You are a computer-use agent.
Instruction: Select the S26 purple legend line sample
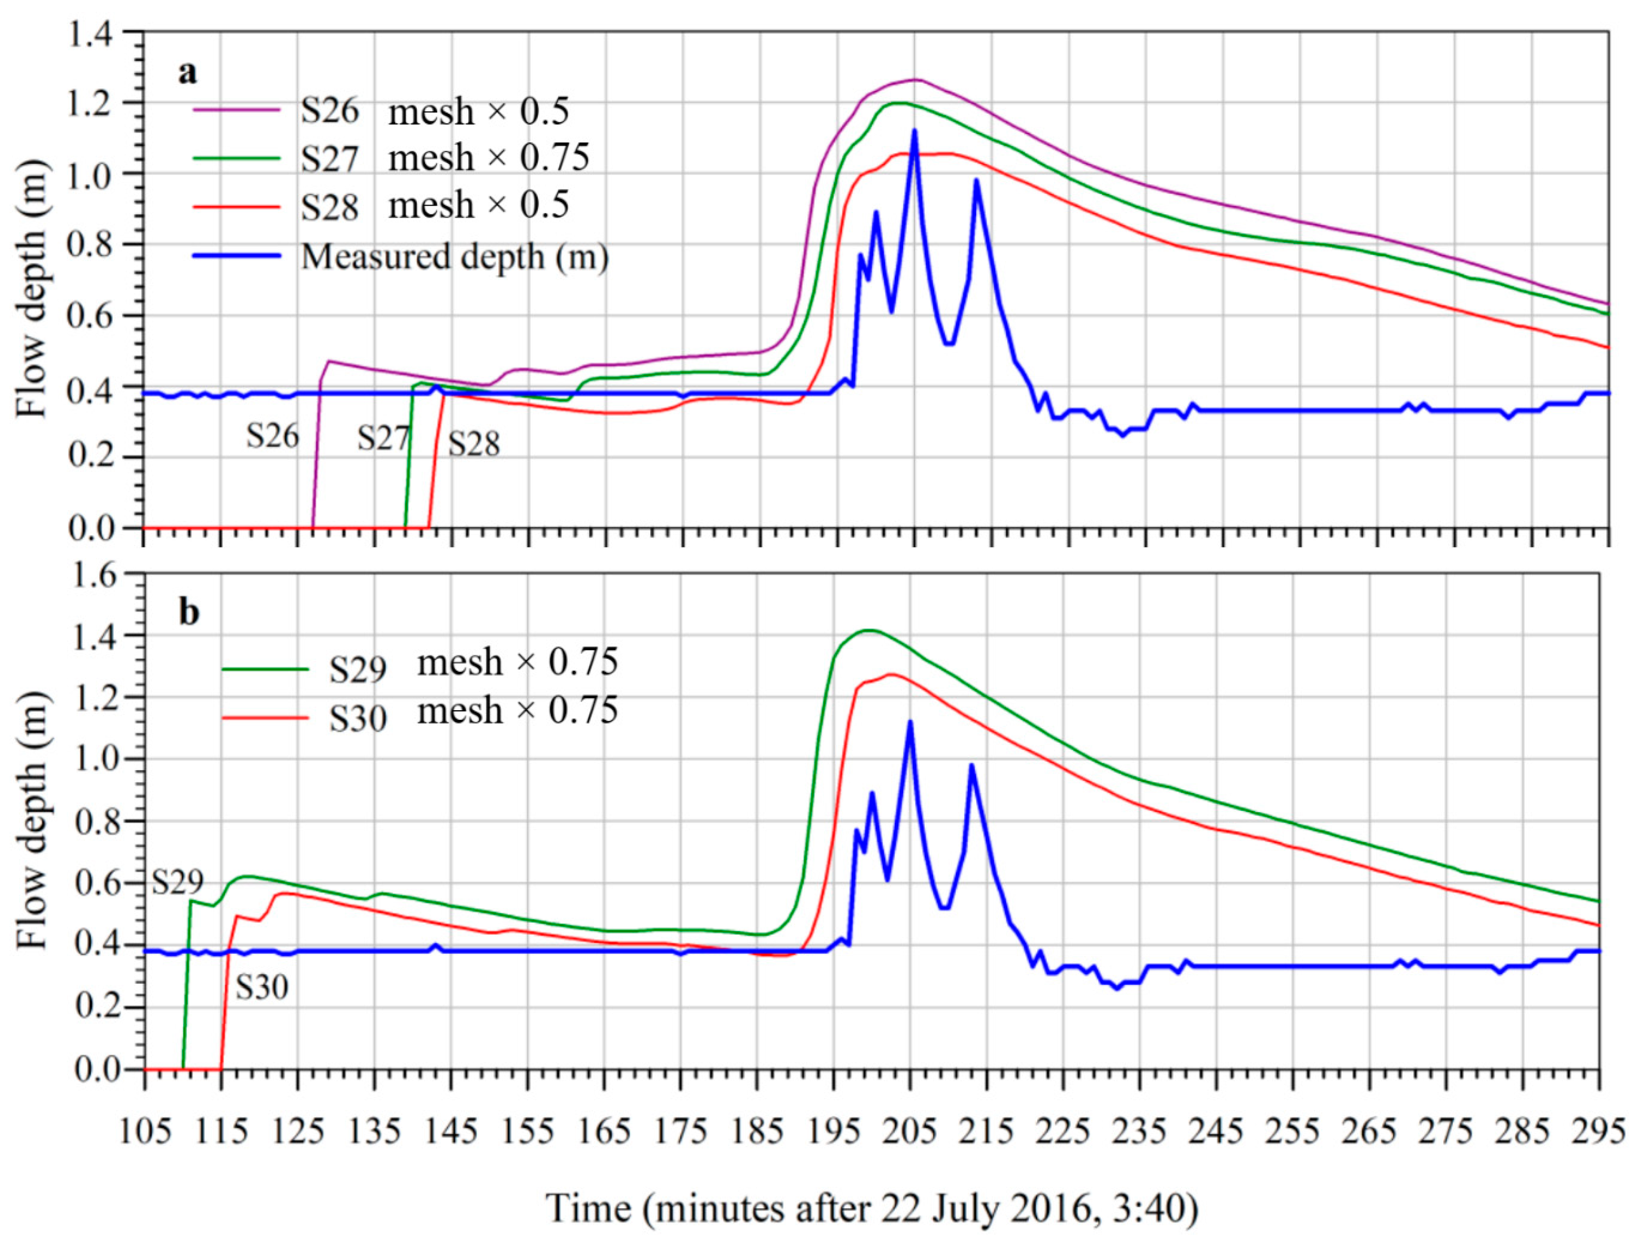tap(237, 110)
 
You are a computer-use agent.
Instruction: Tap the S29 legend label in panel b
tap(358, 670)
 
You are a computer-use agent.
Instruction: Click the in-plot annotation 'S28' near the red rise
tap(474, 445)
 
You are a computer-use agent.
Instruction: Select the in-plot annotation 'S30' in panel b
tap(262, 988)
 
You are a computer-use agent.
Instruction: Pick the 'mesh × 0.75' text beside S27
tap(488, 157)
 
